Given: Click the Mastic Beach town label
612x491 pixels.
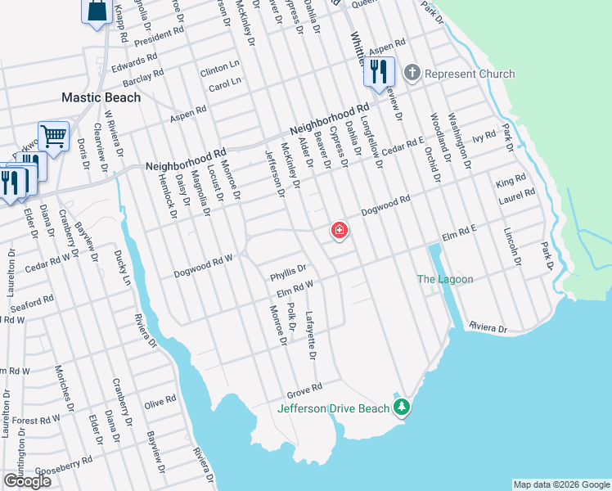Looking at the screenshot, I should [x=101, y=97].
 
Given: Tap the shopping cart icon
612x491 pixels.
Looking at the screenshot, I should [x=53, y=137].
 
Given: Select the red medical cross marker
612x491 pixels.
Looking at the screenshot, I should [x=339, y=232].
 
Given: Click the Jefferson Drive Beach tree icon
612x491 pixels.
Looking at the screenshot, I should [x=401, y=407].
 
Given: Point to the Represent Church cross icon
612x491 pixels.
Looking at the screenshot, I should [x=412, y=74].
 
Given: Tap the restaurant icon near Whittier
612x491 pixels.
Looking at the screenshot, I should [x=379, y=71].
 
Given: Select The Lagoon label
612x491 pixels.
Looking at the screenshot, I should [x=445, y=279].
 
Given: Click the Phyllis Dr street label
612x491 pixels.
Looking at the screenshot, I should [x=288, y=269].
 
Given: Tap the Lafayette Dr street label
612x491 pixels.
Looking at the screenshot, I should [x=310, y=336].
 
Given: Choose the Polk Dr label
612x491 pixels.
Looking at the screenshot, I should [x=291, y=318].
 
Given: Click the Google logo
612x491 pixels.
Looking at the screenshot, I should [x=27, y=481].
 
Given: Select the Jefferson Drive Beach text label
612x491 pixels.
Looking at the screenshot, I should [x=335, y=408].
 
